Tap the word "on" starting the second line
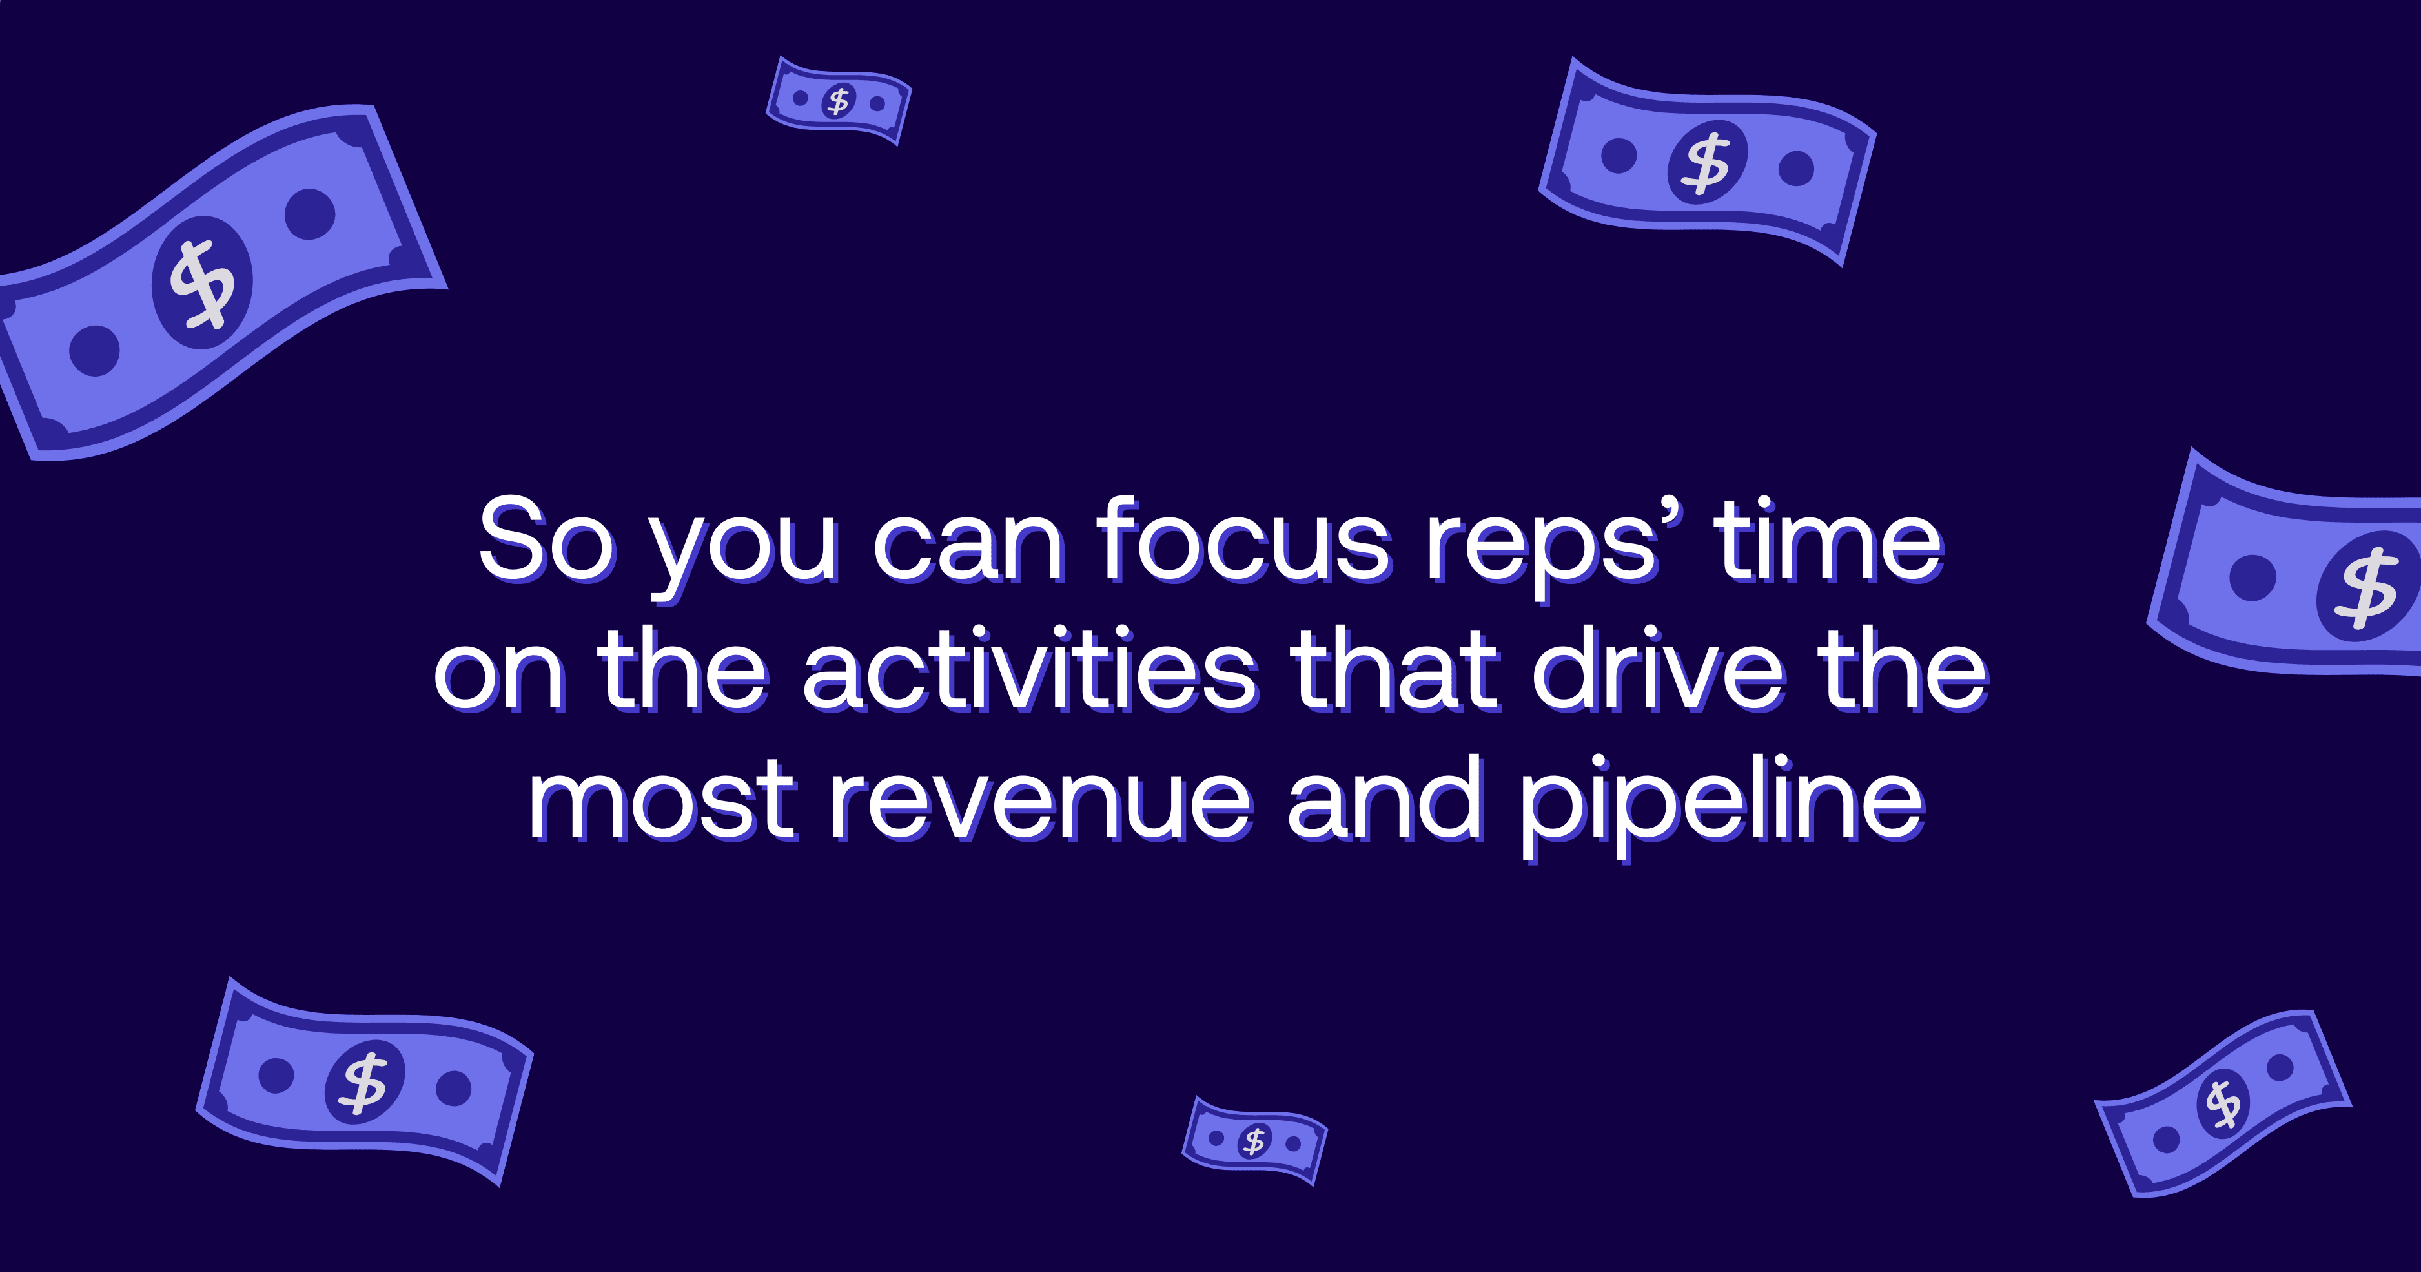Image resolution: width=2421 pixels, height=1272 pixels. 499,676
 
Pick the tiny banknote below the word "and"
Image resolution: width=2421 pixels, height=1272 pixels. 1254,1140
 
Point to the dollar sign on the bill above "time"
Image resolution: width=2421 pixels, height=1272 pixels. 1707,163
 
